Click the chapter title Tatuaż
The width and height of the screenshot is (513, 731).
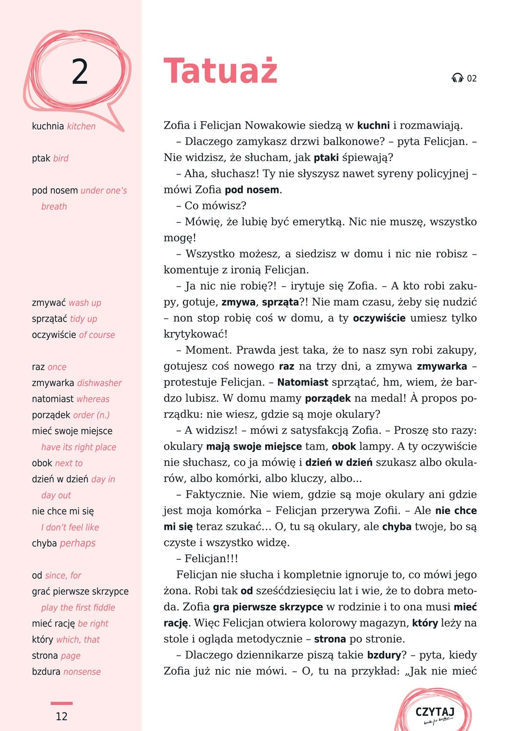[221, 70]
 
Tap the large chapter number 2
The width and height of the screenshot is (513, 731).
[80, 71]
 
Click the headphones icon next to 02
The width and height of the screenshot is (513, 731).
[457, 78]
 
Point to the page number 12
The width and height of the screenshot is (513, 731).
[62, 716]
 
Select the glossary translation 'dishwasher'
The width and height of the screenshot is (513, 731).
[99, 383]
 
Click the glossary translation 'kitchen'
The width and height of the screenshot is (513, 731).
[81, 126]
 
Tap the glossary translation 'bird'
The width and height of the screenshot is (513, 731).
[61, 158]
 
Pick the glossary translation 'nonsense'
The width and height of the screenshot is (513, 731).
[82, 672]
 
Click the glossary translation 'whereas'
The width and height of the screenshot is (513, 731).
[93, 399]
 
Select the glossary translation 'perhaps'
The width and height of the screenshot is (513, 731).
[77, 543]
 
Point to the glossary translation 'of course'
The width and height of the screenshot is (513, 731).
[97, 335]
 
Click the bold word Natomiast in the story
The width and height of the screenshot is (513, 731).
[303, 382]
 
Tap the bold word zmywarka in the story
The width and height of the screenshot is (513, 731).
[442, 366]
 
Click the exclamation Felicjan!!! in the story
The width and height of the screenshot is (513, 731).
[211, 559]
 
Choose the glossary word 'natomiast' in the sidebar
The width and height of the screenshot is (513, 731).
[53, 399]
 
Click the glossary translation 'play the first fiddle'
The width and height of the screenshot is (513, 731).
[78, 607]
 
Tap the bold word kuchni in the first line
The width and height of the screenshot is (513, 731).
[373, 125]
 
